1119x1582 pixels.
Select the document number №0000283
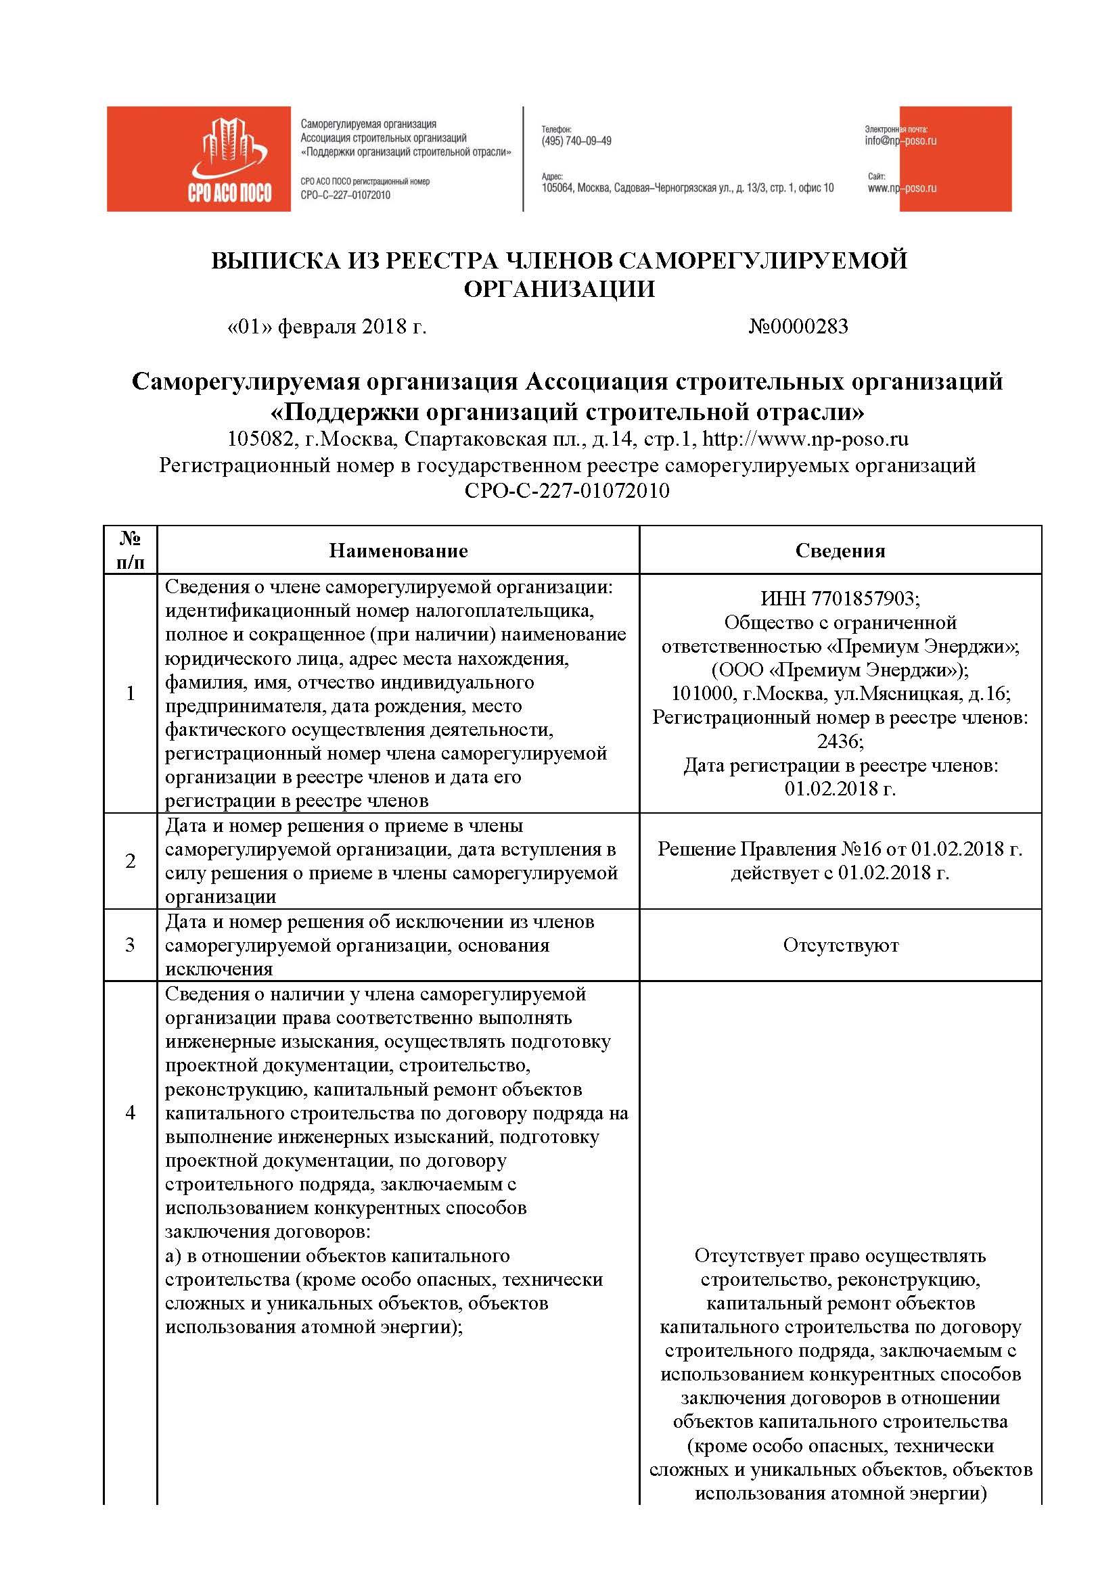pos(798,327)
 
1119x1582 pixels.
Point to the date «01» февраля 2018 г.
pos(327,327)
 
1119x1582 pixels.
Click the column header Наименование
pos(398,551)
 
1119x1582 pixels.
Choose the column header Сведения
pos(840,551)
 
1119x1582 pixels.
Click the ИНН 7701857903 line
pos(840,598)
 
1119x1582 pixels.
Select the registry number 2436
pos(840,741)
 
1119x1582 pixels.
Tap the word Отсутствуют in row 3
pos(841,945)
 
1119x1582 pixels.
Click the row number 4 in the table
pos(130,1112)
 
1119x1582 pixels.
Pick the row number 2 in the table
pos(130,860)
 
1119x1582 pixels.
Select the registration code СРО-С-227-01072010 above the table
pos(566,490)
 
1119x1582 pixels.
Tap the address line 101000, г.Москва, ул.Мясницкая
pos(841,693)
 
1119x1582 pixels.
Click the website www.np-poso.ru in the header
pos(901,188)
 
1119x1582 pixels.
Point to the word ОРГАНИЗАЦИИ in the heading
pos(559,289)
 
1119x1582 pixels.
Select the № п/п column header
pos(130,550)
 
